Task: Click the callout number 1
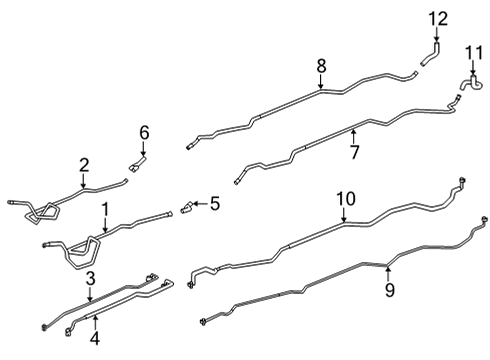[x=105, y=209]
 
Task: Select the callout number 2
[x=84, y=164]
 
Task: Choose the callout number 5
[x=213, y=205]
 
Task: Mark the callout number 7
[x=353, y=151]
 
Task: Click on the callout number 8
[x=321, y=65]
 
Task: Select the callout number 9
[x=390, y=289]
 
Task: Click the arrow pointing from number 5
[x=200, y=205]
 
